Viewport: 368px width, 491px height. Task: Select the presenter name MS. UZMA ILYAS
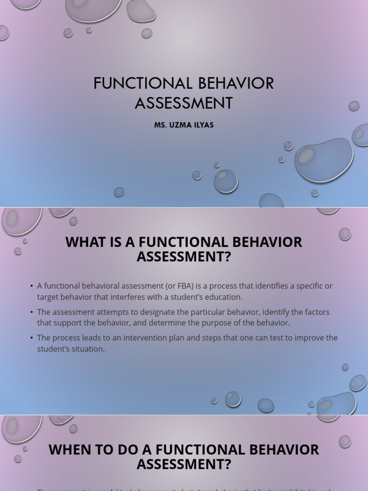(x=184, y=125)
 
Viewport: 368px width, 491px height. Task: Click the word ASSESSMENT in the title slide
(x=184, y=103)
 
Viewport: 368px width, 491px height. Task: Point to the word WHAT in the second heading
(x=84, y=242)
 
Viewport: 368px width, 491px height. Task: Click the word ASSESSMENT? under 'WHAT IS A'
(x=184, y=257)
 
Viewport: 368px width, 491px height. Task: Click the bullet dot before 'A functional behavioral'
(x=32, y=286)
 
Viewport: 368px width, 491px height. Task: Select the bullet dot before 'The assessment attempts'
(x=32, y=313)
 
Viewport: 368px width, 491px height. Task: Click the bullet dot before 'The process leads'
(x=32, y=338)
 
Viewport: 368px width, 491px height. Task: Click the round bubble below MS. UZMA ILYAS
(x=226, y=181)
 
